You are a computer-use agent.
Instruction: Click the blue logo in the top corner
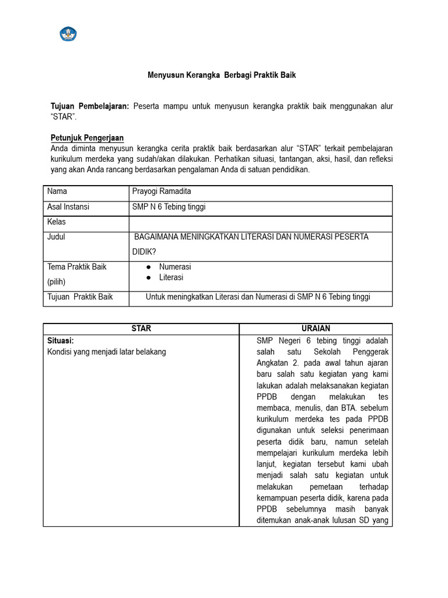68,33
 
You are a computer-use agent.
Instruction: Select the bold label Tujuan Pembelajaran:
90,106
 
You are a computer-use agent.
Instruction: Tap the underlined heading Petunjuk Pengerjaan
87,138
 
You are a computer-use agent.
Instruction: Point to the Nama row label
57,192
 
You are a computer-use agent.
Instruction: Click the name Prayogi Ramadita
162,192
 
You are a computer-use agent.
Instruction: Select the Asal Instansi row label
68,207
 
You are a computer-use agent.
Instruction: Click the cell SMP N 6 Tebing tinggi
169,207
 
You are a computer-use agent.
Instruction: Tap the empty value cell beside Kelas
260,222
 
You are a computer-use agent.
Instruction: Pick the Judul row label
57,237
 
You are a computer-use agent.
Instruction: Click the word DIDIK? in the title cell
145,251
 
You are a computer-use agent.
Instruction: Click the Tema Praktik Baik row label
77,267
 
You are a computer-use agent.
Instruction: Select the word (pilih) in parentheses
57,281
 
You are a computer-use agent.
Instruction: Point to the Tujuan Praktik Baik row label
80,297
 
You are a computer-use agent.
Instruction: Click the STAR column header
141,328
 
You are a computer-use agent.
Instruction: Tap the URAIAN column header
316,328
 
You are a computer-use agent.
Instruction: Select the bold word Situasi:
61,340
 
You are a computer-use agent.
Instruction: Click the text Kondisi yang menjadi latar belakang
106,352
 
